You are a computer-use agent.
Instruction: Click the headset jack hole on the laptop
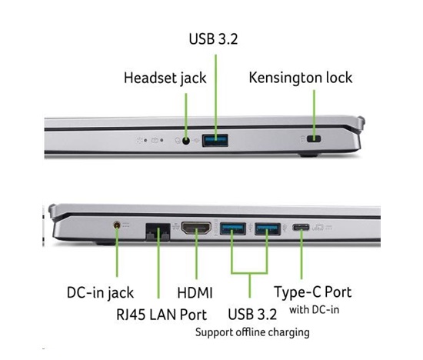coord(186,141)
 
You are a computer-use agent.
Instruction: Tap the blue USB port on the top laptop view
coord(215,140)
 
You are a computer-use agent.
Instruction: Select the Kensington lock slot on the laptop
coord(314,139)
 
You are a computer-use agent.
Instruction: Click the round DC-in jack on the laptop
coord(117,225)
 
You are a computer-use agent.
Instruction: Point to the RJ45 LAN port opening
coord(158,232)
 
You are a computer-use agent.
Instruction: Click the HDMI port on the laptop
coord(196,228)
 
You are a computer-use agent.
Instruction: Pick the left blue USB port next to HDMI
coord(233,228)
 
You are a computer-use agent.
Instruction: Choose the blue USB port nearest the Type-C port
coord(268,229)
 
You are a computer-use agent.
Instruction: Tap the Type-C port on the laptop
coord(301,227)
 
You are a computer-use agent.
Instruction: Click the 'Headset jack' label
coord(165,78)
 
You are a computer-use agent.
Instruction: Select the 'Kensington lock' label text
coord(301,78)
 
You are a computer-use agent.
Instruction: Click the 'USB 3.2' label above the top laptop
coord(213,39)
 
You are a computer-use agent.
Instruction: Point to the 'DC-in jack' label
coord(100,293)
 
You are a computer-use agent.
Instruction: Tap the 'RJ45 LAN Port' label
coord(162,315)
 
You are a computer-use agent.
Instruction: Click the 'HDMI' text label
coord(195,293)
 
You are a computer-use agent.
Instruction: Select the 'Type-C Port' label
coord(313,292)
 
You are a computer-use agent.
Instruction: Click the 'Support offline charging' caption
coord(252,332)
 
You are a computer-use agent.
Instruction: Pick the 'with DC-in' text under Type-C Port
coord(315,310)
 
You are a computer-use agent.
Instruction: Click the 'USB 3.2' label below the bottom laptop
coord(252,315)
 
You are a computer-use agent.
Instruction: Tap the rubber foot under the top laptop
coord(309,155)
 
